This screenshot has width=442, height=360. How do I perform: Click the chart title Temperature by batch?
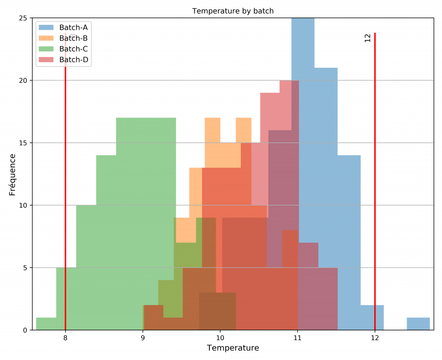coord(233,11)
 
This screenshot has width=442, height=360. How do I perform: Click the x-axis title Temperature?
coord(233,348)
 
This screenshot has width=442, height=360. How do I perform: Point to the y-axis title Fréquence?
coord(12,174)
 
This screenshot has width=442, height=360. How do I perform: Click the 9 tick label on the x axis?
coord(143,338)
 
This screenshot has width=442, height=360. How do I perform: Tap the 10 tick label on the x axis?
coord(220,338)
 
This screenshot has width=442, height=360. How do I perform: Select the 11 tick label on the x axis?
coord(297,338)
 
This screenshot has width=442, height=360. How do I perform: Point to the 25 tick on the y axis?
coord(22,18)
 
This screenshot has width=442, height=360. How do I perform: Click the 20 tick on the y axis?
coord(22,81)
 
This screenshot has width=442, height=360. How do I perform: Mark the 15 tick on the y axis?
coord(22,143)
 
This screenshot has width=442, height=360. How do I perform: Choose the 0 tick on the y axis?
coord(25,330)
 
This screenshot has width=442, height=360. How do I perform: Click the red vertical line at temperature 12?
coord(375,181)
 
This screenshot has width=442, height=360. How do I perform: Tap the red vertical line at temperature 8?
coord(65,181)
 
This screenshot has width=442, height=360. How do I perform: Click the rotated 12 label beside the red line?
coord(368,38)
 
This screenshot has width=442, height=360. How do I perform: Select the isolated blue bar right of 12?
coord(418,324)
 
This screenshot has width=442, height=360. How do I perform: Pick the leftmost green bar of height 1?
coord(46,324)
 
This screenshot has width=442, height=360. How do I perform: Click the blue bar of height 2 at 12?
coord(372,318)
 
